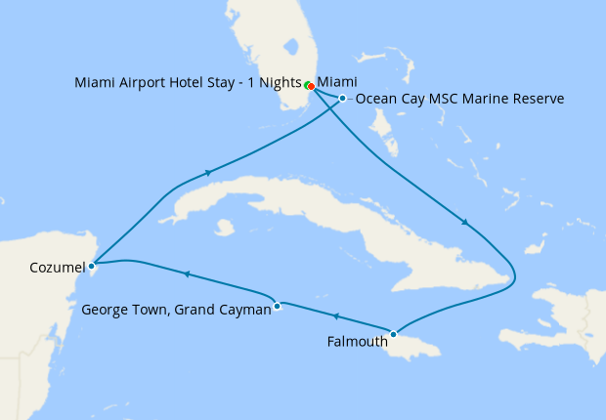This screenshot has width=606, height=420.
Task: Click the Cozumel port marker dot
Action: coord(91,264)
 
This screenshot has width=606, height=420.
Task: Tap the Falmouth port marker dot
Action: coord(393,335)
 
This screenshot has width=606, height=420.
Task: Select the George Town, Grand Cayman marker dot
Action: coord(278,306)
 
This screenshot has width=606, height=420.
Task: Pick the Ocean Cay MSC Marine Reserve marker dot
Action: coord(342,99)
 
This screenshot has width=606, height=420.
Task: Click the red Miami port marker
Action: coord(311,86)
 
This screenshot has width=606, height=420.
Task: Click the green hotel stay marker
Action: coord(306,84)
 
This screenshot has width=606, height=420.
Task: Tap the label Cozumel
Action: coord(58,266)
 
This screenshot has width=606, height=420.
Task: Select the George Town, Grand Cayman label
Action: coord(175,311)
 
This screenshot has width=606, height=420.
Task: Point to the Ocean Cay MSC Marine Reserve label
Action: coord(459,99)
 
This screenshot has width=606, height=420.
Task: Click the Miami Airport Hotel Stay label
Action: coord(187,82)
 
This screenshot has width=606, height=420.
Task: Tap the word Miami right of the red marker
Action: coord(337,82)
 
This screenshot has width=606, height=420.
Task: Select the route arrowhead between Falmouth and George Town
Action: coord(335,316)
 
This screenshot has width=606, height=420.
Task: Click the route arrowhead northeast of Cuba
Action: coord(465,224)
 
